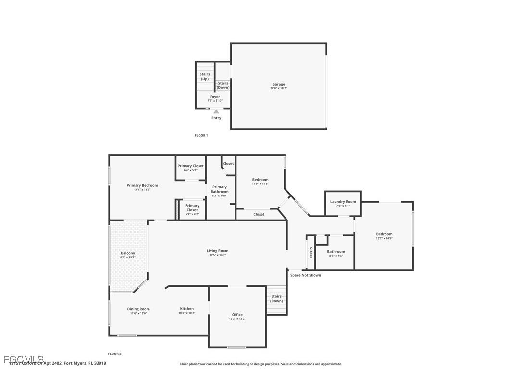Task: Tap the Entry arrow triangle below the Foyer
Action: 216,112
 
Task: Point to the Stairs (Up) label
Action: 205,76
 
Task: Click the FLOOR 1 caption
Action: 201,136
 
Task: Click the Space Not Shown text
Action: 305,275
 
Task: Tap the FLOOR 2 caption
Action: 114,354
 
